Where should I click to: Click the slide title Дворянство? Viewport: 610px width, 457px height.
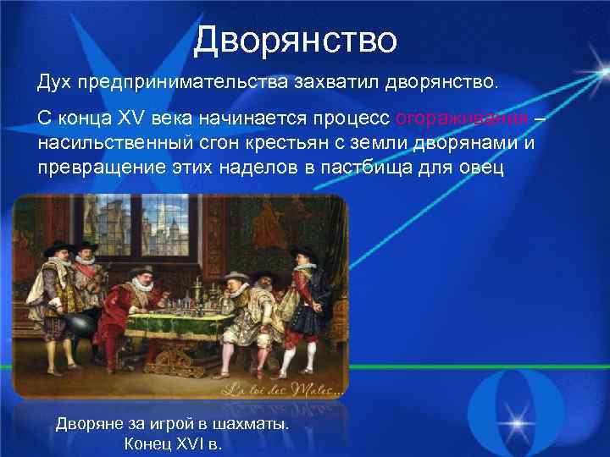tap(294, 39)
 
